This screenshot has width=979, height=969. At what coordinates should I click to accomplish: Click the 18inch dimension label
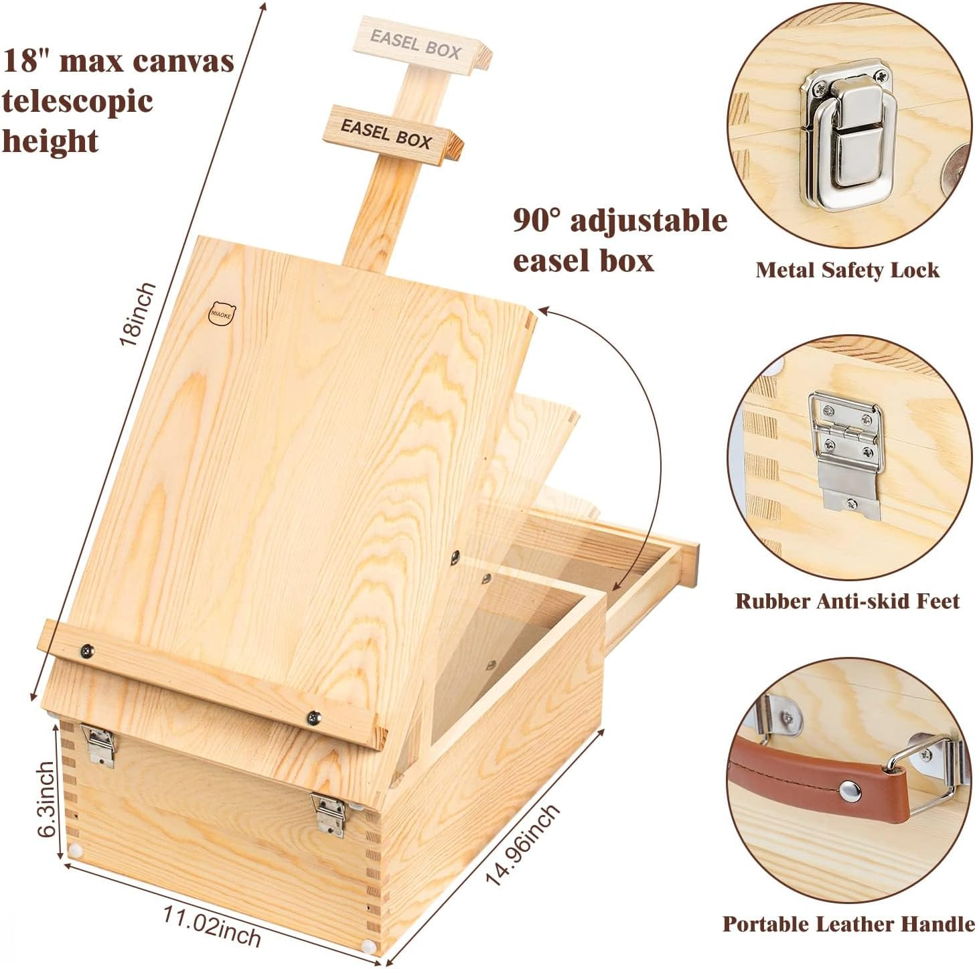[137, 313]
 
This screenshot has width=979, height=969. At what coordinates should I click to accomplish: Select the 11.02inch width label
[212, 925]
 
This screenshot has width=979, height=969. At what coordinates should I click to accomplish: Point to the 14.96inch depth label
[522, 845]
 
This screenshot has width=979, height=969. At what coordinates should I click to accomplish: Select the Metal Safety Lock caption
[847, 270]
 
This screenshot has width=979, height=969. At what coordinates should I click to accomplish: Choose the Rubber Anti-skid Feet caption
[847, 601]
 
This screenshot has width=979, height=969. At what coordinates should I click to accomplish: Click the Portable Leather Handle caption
[848, 924]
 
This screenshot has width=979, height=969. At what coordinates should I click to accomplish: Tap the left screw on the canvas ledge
[87, 649]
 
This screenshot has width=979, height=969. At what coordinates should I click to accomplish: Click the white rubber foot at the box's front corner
[367, 946]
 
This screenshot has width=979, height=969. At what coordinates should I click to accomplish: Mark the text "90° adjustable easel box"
[619, 240]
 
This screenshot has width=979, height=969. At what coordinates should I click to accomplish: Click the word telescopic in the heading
[78, 101]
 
